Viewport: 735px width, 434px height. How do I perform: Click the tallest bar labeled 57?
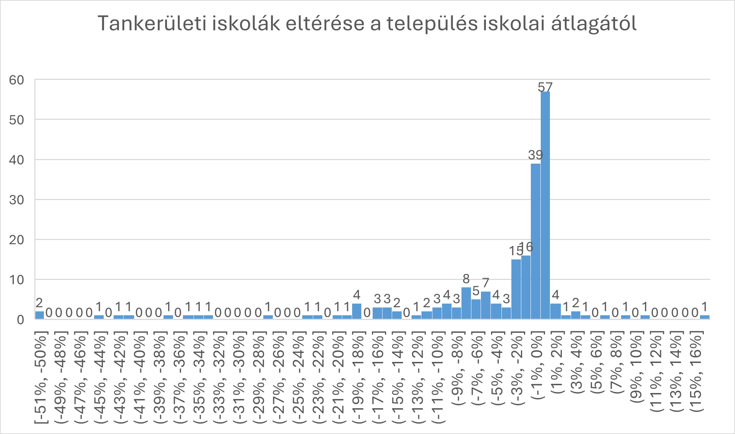545,205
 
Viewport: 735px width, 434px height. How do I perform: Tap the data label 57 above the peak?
545,87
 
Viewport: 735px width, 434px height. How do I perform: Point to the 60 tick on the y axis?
17,80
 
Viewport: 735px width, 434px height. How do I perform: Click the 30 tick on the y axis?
17,200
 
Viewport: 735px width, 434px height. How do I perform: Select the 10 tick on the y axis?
17,280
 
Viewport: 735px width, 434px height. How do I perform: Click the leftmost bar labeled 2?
39,315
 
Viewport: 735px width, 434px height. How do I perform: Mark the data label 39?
535,155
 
